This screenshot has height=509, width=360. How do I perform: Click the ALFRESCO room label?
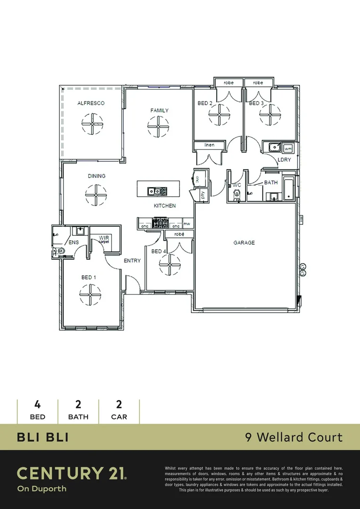tap(91, 103)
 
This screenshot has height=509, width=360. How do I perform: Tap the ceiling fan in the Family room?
tap(158, 126)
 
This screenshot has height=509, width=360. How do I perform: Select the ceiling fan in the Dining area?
tap(96, 194)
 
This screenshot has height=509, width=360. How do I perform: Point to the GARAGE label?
tap(244, 243)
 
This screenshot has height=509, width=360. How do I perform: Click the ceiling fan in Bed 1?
tap(90, 296)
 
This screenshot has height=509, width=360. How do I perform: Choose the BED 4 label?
tap(158, 251)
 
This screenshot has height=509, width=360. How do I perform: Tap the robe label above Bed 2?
tap(229, 83)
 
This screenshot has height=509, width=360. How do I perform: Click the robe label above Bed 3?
tap(258, 83)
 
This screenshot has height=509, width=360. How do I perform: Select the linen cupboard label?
tap(209, 145)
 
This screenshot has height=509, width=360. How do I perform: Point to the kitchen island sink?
tap(153, 191)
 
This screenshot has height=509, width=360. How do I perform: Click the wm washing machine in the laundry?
tap(288, 148)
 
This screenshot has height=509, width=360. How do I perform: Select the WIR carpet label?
tap(104, 239)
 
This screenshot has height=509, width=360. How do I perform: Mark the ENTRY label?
tap(132, 261)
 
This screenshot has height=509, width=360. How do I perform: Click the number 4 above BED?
tap(37, 404)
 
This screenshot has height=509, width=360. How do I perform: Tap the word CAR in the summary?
tap(119, 417)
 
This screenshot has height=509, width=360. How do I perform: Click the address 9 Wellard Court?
tap(294, 437)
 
